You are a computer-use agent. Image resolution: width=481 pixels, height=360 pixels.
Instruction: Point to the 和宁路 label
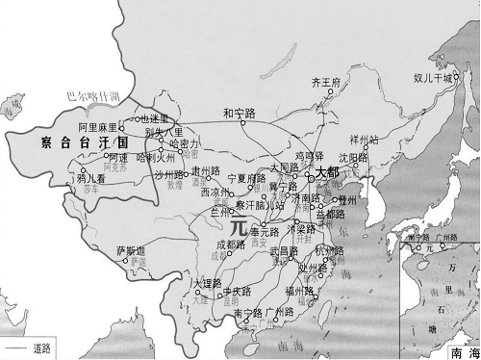tap(239, 112)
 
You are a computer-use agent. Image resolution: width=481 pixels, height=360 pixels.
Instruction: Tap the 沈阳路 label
tap(353, 157)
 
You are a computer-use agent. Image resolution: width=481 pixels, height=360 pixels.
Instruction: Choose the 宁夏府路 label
tap(246, 179)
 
